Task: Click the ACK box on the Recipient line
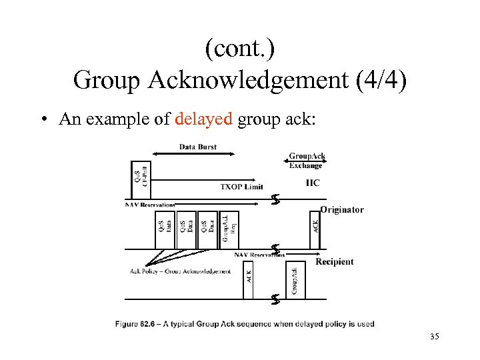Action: click(x=248, y=281)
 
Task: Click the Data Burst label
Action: click(x=198, y=147)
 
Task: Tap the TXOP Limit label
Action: click(x=241, y=187)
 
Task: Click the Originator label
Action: click(x=342, y=209)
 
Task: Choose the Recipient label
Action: click(x=335, y=261)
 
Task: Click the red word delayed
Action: click(x=203, y=119)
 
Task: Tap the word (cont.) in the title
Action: click(x=240, y=49)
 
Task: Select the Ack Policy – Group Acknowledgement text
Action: click(x=180, y=271)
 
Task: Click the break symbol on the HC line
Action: click(x=275, y=199)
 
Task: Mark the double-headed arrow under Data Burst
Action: click(x=193, y=154)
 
